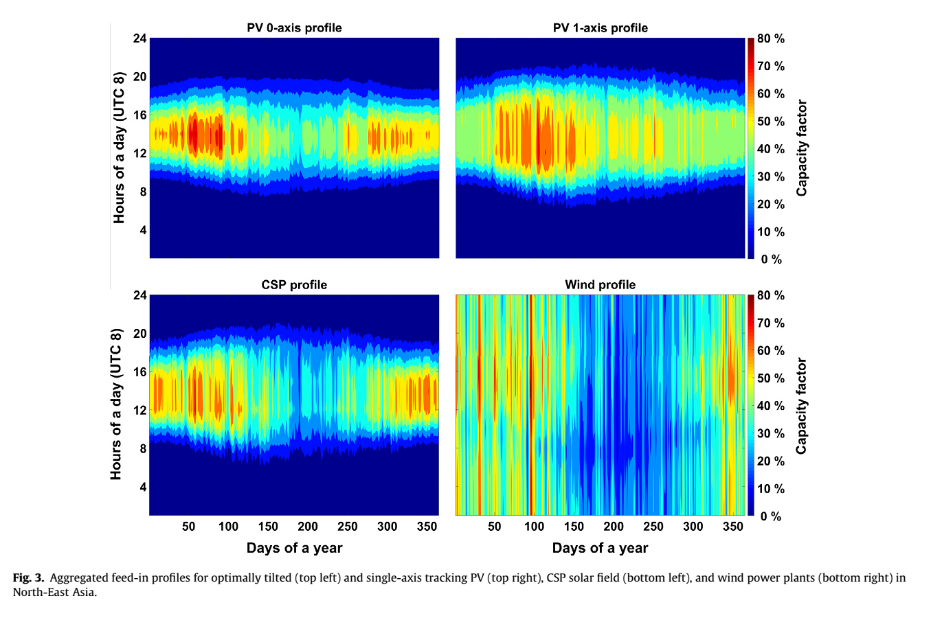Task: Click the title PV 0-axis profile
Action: (294, 28)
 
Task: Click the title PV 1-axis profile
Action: (600, 28)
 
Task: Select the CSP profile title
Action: (294, 285)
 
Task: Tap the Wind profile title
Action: (600, 285)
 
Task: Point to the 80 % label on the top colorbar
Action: (771, 39)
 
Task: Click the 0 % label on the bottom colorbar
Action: (771, 516)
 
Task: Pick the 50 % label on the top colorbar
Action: (771, 122)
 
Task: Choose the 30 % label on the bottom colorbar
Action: (771, 433)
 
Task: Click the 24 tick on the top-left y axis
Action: (139, 38)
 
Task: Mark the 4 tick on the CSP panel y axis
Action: (143, 487)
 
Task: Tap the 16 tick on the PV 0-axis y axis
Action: (139, 115)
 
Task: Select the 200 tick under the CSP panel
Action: (308, 527)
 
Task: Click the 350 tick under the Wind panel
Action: (733, 527)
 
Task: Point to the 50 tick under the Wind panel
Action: (495, 527)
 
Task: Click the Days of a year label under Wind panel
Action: (600, 548)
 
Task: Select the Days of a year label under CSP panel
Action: (294, 548)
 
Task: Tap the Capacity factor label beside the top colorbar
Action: (802, 148)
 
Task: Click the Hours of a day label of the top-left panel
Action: (120, 148)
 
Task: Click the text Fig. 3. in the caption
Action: (28, 578)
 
